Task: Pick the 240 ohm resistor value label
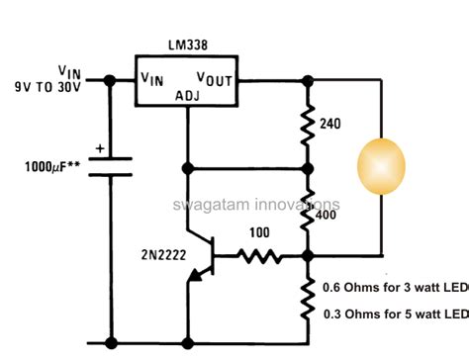click(331, 125)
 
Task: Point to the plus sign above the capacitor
click(100, 150)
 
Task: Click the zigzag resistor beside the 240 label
click(309, 123)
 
